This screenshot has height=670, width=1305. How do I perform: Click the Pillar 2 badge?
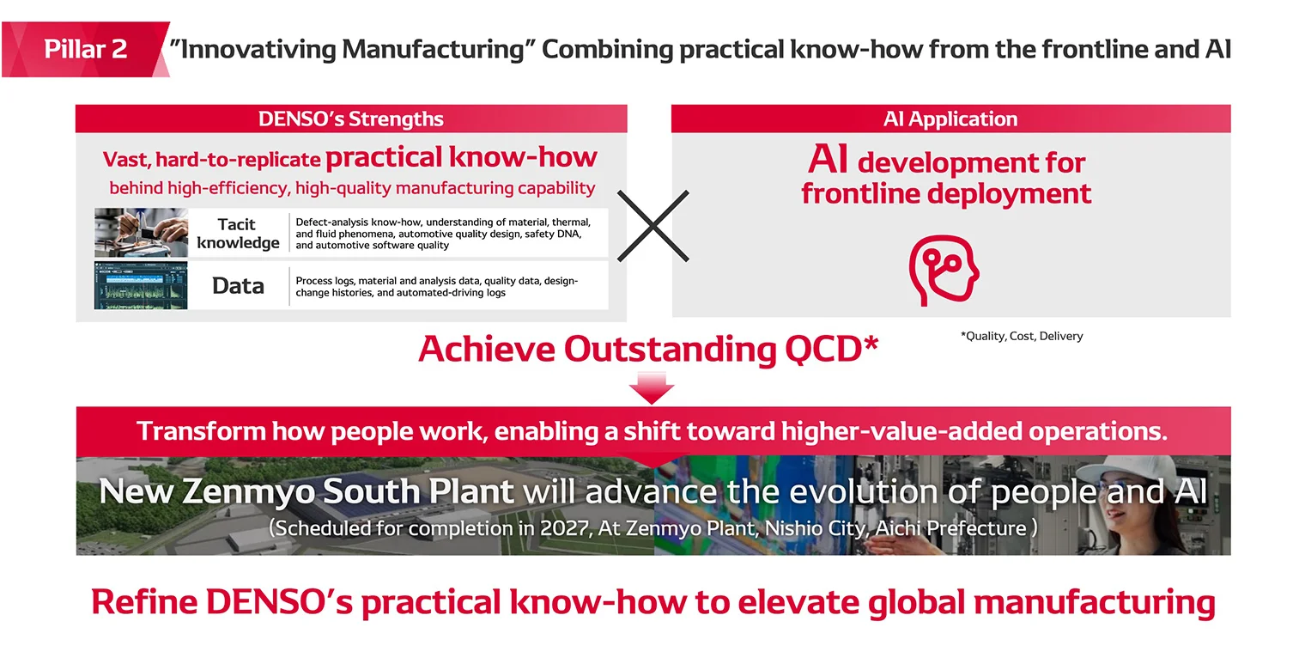[85, 49]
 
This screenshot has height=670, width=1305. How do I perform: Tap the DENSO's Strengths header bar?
[350, 119]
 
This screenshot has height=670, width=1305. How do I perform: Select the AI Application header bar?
[950, 119]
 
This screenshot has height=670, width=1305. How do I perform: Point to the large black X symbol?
[653, 226]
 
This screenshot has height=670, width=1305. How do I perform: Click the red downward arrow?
[652, 387]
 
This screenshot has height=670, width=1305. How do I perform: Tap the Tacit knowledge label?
[238, 233]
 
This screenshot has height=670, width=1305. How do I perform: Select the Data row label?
[238, 286]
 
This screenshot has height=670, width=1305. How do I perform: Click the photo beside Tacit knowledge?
[141, 233]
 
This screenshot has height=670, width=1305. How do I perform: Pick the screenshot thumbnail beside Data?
[141, 285]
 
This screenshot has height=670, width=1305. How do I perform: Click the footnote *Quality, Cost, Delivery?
[1021, 336]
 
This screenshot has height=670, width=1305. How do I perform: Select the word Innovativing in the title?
[254, 49]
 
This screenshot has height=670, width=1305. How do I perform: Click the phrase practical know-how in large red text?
[461, 157]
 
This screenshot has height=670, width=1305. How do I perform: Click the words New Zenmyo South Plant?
[306, 491]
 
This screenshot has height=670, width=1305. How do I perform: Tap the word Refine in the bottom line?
[143, 602]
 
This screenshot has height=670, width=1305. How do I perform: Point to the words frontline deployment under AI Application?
[946, 193]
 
